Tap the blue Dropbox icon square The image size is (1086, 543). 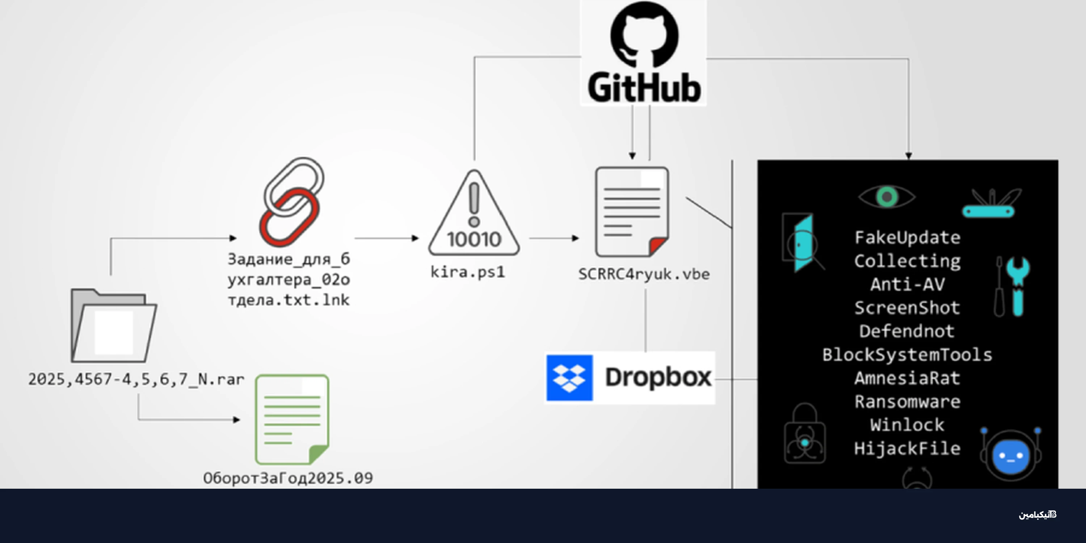[x=569, y=378]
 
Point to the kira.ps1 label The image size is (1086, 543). [x=468, y=272]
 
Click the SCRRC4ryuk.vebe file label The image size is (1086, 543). [x=644, y=274]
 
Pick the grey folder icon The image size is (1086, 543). [x=113, y=326]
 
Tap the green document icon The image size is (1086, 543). [x=292, y=419]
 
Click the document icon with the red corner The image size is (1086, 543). [x=632, y=212]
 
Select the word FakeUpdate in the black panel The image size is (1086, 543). [x=907, y=238]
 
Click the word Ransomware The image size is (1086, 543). [x=907, y=402]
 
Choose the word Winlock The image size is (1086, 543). [x=907, y=425]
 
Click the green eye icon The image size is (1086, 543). [x=887, y=197]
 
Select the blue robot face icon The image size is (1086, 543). [x=1011, y=455]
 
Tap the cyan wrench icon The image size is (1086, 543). [x=1018, y=285]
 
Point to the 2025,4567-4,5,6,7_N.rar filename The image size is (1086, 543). [x=136, y=379]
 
